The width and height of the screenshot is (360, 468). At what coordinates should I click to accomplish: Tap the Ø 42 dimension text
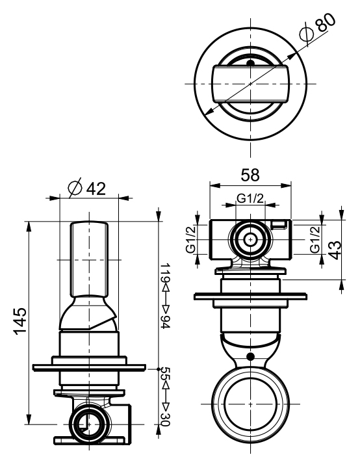coord(86,188)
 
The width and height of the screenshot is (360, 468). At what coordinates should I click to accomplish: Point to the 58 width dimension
coord(250,175)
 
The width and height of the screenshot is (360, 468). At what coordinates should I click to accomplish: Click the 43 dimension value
coord(335,250)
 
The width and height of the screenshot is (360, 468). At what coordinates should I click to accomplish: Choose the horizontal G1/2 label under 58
coord(250,198)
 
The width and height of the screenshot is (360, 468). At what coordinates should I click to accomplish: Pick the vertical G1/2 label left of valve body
coord(191,239)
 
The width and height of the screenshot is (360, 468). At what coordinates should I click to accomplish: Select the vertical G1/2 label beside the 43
coord(315,239)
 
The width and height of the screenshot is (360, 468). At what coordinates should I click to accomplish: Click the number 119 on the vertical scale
coord(165,272)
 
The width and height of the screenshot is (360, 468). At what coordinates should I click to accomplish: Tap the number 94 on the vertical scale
coord(165,322)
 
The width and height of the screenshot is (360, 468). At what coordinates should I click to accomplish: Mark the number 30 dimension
coord(165,419)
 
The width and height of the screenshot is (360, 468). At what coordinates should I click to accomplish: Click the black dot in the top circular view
coord(250,63)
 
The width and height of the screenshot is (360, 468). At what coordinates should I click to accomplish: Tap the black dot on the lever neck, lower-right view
coord(250,356)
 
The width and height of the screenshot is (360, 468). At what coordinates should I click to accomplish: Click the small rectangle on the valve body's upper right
coord(279,224)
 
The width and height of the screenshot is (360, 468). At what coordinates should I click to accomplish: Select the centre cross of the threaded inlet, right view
coord(250,239)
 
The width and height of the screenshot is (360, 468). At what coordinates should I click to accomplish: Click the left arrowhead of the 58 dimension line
coord(215,186)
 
